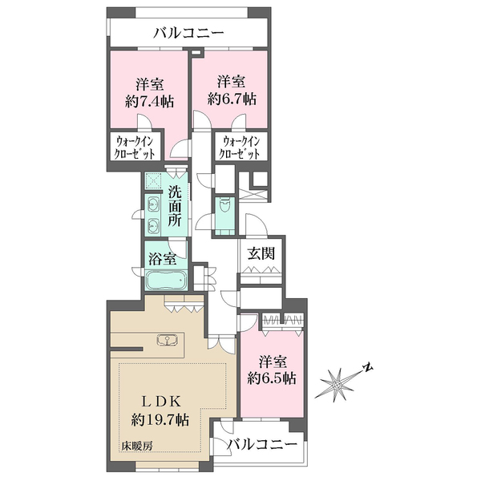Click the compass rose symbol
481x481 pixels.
point(338,384)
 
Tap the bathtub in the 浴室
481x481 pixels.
point(166,280)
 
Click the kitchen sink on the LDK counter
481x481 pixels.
point(167,340)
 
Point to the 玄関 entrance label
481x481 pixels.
point(261,253)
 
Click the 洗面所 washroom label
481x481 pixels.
point(175,206)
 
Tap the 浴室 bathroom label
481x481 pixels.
point(162,259)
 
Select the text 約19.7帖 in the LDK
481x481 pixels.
point(160,419)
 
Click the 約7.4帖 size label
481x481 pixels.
point(149,101)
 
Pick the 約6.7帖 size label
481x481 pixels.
point(232,99)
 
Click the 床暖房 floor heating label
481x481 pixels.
point(136,446)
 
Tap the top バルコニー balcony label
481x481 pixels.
point(188,33)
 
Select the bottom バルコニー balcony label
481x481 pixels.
point(263,444)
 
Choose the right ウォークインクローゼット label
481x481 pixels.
point(241,147)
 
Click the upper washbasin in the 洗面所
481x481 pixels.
point(153,203)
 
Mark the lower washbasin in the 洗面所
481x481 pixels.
point(153,226)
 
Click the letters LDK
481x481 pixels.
point(160,402)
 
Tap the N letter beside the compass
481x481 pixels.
point(367,367)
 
